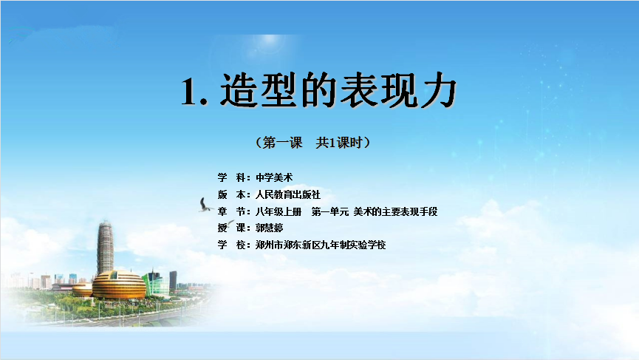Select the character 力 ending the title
437,90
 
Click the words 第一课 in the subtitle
282,143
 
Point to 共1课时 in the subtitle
338,143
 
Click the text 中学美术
274,177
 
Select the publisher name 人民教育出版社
287,194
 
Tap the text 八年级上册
279,211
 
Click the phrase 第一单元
330,211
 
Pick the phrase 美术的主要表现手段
395,211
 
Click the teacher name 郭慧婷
270,228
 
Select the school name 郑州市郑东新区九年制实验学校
321,245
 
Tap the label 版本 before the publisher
232,194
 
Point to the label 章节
232,211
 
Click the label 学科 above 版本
232,177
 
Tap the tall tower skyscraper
105,248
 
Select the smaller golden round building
83,290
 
